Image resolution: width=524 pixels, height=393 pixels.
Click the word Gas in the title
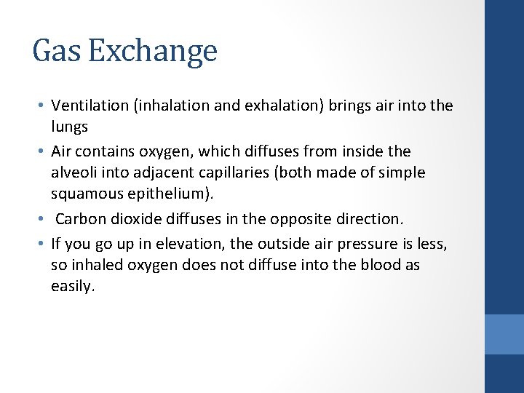click(x=57, y=51)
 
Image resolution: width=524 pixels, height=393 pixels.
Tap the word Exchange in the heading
click(x=153, y=51)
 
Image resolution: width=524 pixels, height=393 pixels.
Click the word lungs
click(x=69, y=127)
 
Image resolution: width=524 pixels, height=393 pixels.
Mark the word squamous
click(x=90, y=195)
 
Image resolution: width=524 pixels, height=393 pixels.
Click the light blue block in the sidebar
click(x=504, y=334)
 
